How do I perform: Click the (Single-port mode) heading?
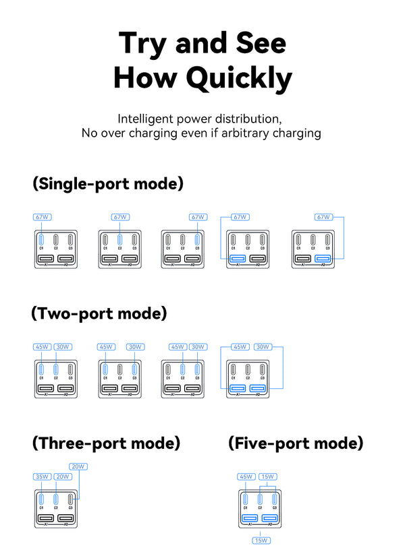tap(107, 183)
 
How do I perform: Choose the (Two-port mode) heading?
tap(99, 313)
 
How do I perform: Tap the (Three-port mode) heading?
tap(107, 443)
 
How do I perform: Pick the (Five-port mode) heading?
tap(296, 443)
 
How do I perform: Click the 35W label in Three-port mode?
tap(42, 476)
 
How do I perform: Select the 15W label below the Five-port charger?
tap(261, 540)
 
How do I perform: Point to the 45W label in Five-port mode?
tap(246, 476)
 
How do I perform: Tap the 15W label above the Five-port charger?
tap(267, 476)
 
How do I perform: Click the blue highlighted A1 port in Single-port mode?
tap(238, 259)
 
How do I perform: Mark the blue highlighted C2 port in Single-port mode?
tap(119, 240)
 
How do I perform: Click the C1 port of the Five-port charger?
tap(246, 500)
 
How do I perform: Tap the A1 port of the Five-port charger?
tap(250, 519)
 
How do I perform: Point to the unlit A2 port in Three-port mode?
tap(65, 519)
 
